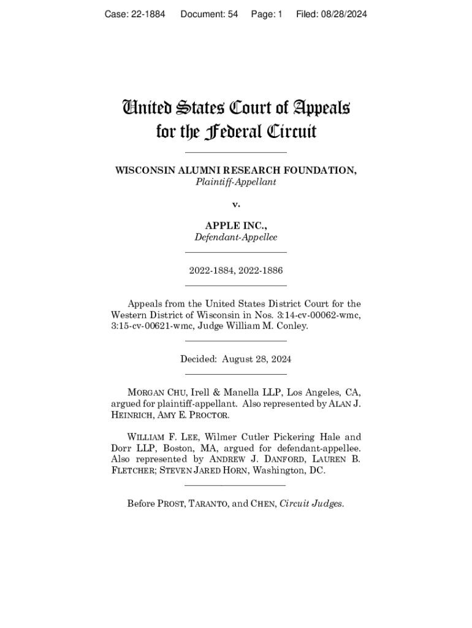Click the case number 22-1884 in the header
pos(145,13)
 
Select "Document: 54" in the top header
pos(209,13)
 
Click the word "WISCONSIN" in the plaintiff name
pos(144,170)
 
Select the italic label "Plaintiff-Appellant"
pos(235,182)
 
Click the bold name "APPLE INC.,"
pos(236,226)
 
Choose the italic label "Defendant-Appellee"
pos(235,237)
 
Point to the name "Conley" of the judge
pos(292,326)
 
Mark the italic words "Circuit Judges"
pos(311,504)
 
